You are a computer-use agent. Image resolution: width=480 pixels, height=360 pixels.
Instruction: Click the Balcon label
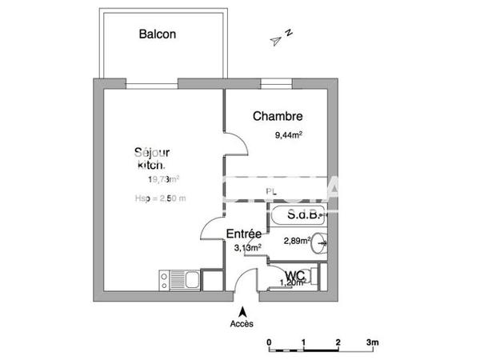pos(158,34)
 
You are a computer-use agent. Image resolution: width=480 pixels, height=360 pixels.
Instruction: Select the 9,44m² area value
pos(288,136)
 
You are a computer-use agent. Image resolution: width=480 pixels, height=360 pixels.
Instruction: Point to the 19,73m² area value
pos(163,180)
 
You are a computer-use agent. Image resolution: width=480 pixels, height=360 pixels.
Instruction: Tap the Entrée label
pos(244,234)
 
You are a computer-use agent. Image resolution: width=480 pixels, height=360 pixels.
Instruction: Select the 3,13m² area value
pos(247,247)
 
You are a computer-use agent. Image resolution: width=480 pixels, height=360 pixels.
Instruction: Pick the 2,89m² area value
pos(296,240)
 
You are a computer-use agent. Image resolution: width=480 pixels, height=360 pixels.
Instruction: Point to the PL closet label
pos(271,191)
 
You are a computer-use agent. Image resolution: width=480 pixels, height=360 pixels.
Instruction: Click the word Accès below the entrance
pos(242,324)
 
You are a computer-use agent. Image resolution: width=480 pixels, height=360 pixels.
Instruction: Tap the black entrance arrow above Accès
pos(242,310)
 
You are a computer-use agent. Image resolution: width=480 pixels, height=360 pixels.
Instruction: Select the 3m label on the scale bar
pos(372,342)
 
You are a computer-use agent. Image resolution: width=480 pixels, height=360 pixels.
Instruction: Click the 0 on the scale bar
pos(270,342)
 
